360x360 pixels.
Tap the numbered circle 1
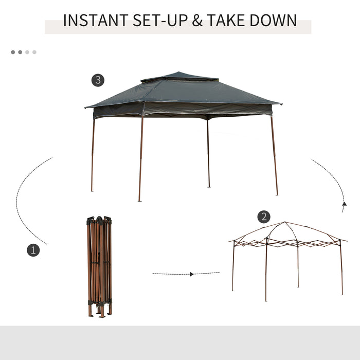[33, 250]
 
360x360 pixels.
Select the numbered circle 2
[264, 217]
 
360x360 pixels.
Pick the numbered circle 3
[98, 80]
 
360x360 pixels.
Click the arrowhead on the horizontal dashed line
[191, 274]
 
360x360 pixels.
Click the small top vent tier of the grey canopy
[179, 78]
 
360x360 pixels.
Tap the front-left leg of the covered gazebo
[140, 159]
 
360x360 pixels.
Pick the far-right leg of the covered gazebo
[275, 154]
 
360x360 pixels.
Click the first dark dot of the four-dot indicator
[13, 52]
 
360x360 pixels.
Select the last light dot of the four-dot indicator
[34, 52]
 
